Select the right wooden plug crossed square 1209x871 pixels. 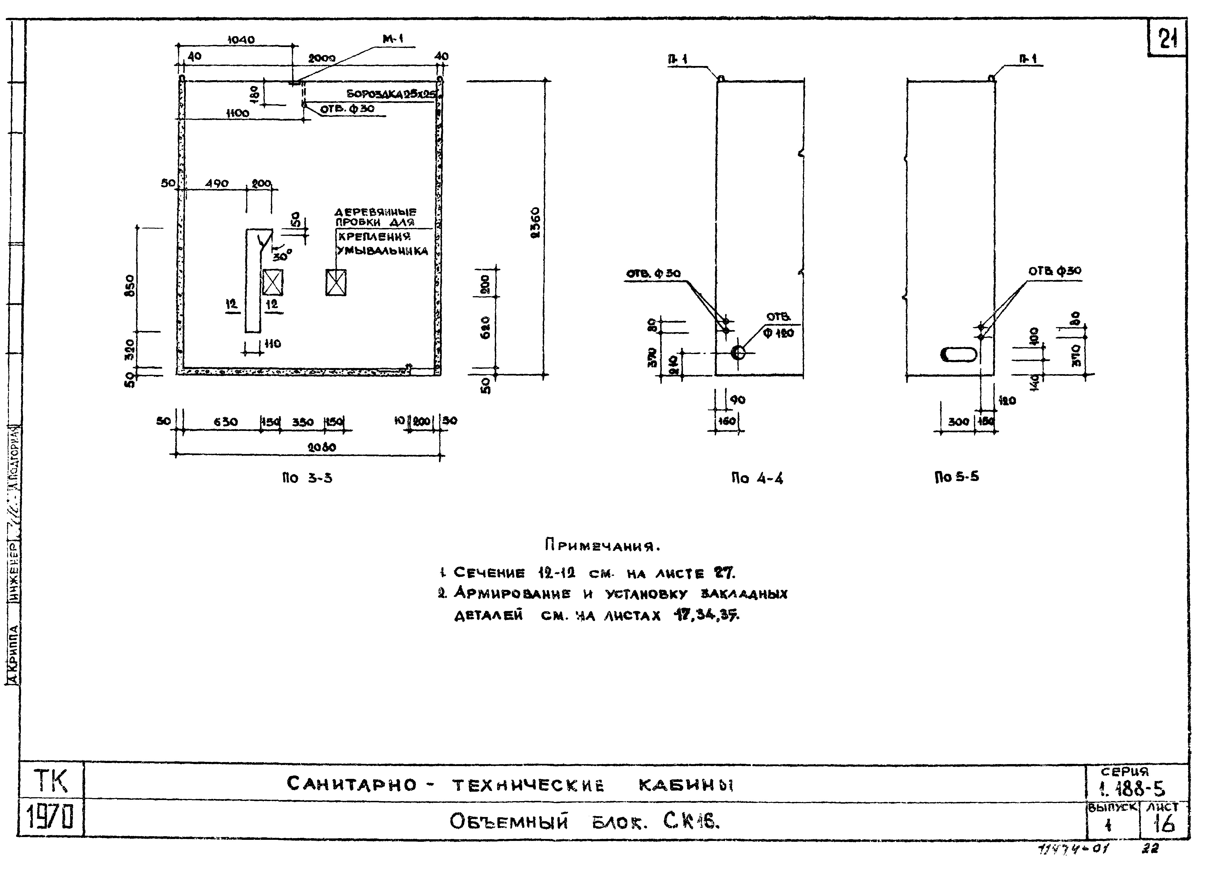point(336,282)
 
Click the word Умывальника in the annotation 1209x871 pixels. point(382,251)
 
